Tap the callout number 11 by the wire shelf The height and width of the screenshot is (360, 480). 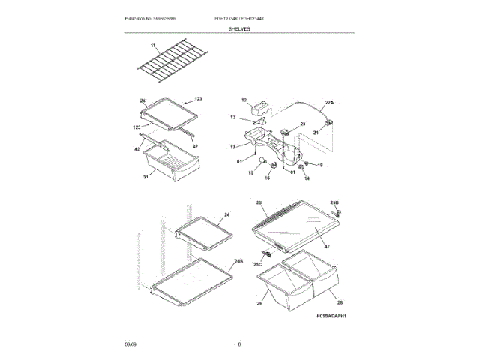click(153, 46)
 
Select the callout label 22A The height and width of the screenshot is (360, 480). click(330, 101)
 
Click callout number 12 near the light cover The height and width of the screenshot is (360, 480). click(244, 100)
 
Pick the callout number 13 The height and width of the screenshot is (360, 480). click(232, 117)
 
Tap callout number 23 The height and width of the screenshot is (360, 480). click(303, 124)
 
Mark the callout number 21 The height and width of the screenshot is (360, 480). click(316, 132)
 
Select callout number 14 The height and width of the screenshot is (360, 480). click(307, 178)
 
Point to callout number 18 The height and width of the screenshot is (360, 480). click(319, 165)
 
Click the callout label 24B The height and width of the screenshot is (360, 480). click(239, 260)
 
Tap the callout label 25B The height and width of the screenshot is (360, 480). click(334, 202)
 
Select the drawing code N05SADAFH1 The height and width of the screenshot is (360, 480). click(330, 317)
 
